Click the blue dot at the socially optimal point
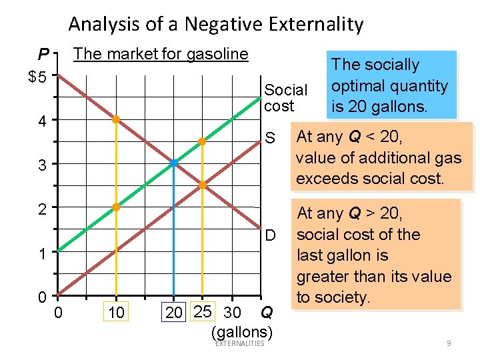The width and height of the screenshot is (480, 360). pos(173,163)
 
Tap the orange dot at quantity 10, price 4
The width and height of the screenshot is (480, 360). pos(115,120)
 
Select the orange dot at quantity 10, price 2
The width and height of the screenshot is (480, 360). pos(115,207)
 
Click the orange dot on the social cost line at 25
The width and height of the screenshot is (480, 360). pos(202,141)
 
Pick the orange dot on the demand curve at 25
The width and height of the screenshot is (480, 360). pos(202,185)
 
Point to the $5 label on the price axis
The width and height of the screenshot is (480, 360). pos(37,77)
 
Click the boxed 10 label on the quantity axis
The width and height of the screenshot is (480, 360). pos(115,312)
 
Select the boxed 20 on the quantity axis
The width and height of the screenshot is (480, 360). pos(174,312)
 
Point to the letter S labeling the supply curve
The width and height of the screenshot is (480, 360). pos(270,139)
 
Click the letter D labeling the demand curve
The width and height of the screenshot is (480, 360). pos(271,235)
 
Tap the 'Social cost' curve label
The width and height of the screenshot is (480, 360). pos(285,97)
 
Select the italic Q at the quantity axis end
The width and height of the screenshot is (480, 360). pos(266,311)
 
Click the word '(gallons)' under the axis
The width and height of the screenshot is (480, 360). pos(241,331)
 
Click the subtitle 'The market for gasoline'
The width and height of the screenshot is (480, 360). pos(161,54)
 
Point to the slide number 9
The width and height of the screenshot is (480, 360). pos(449,343)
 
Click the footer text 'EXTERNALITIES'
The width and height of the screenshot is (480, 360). pos(240,343)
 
